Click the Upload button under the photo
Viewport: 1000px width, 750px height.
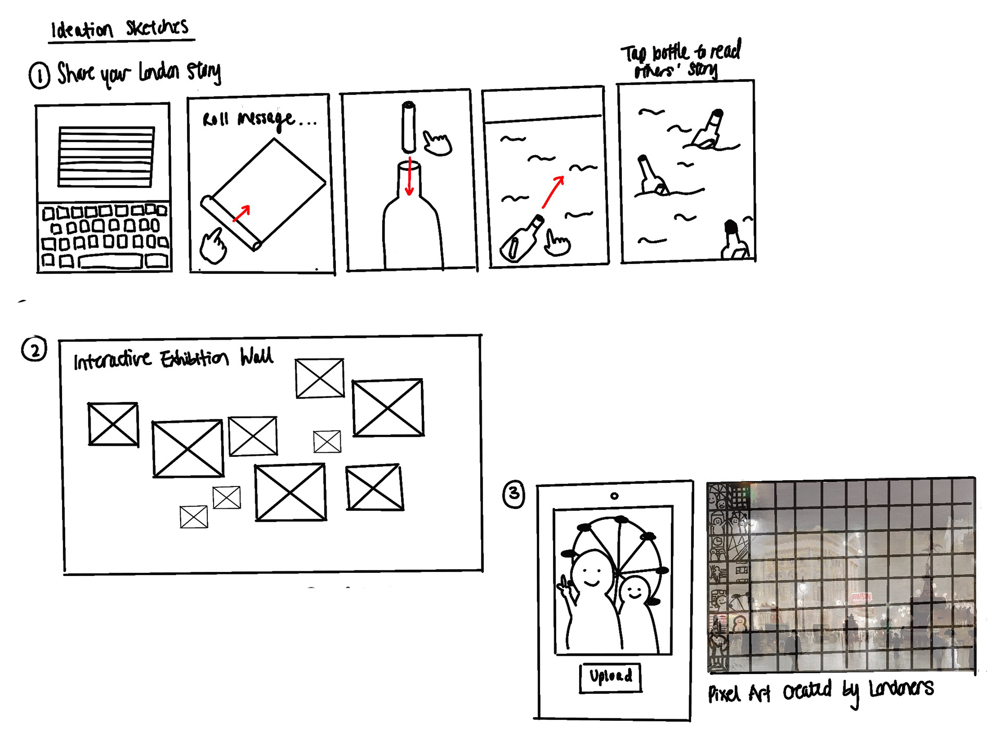(x=610, y=678)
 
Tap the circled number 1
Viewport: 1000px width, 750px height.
(x=40, y=76)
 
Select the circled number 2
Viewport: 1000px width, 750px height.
(x=34, y=349)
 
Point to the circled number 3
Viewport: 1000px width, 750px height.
(x=514, y=494)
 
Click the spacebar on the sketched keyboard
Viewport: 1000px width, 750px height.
(x=110, y=261)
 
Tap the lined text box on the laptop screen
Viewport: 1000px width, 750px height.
(x=106, y=156)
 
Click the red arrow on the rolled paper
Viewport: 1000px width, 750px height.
(x=241, y=213)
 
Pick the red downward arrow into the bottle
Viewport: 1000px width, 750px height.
(x=410, y=177)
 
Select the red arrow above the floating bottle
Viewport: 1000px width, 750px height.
(x=553, y=192)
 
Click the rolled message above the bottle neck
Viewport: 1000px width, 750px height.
(x=409, y=128)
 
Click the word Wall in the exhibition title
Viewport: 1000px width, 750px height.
(x=256, y=357)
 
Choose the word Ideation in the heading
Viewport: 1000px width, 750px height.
(x=81, y=30)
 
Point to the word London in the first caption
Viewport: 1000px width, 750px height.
(x=159, y=72)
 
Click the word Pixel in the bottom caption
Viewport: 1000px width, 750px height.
(x=724, y=693)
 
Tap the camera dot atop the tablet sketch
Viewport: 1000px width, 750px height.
(x=615, y=496)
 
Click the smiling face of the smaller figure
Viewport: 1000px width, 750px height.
(x=635, y=590)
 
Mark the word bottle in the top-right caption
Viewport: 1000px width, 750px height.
(x=671, y=52)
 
